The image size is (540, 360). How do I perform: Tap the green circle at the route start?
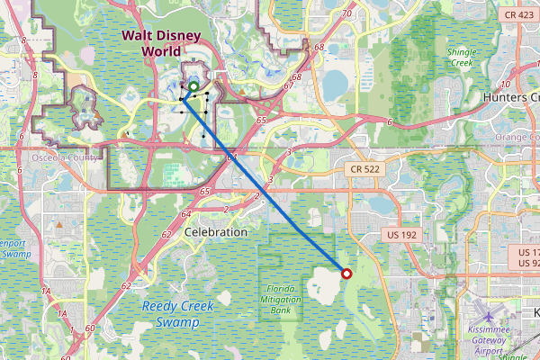193,87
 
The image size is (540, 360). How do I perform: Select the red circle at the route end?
346,274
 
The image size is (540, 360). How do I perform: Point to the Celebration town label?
215,232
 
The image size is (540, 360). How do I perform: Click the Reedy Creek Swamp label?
178,313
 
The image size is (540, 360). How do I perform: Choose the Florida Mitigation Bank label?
285,296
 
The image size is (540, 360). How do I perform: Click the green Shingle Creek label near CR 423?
461,58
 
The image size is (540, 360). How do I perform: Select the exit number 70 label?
347,13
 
